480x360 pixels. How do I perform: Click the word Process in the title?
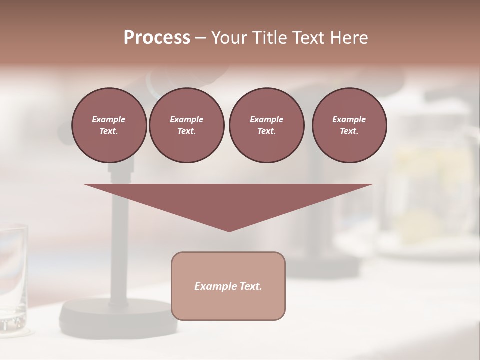pyautogui.click(x=157, y=38)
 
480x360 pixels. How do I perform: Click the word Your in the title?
pyautogui.click(x=228, y=38)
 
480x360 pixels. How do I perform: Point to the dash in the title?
pyautogui.click(x=200, y=38)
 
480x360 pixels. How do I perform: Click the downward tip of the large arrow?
pyautogui.click(x=229, y=230)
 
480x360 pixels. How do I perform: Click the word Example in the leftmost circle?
pyautogui.click(x=109, y=119)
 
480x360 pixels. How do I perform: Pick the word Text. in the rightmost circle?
pyautogui.click(x=349, y=131)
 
